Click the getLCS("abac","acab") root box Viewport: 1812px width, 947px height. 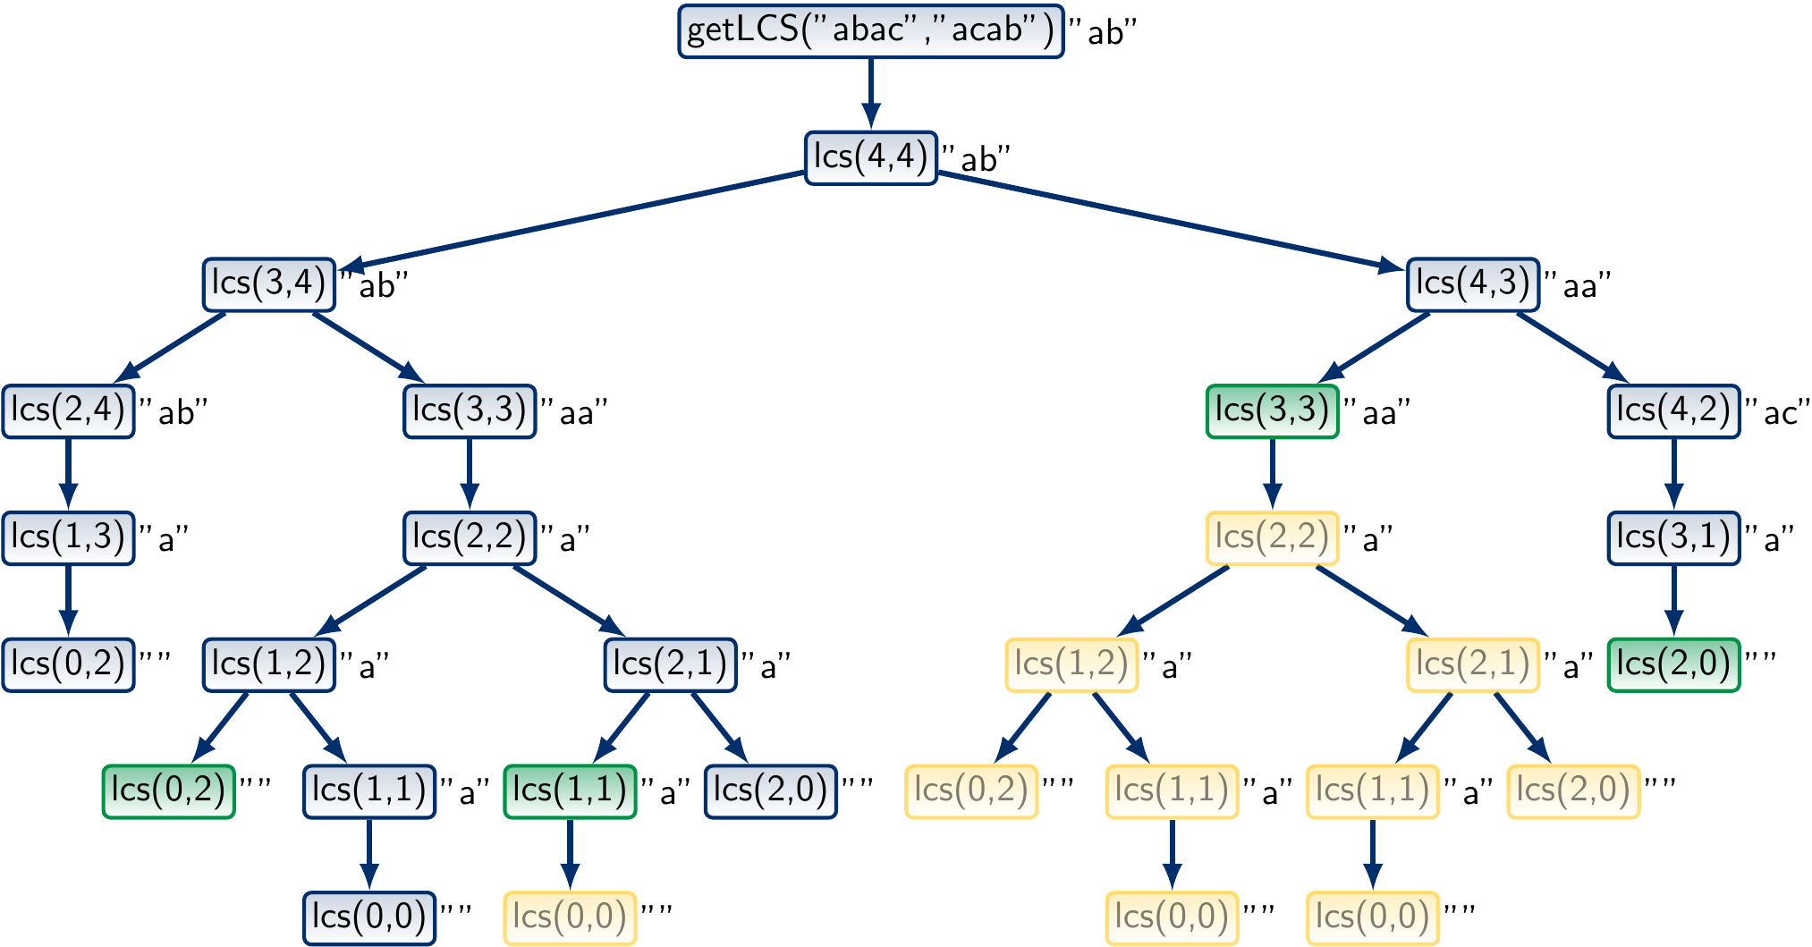(870, 31)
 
